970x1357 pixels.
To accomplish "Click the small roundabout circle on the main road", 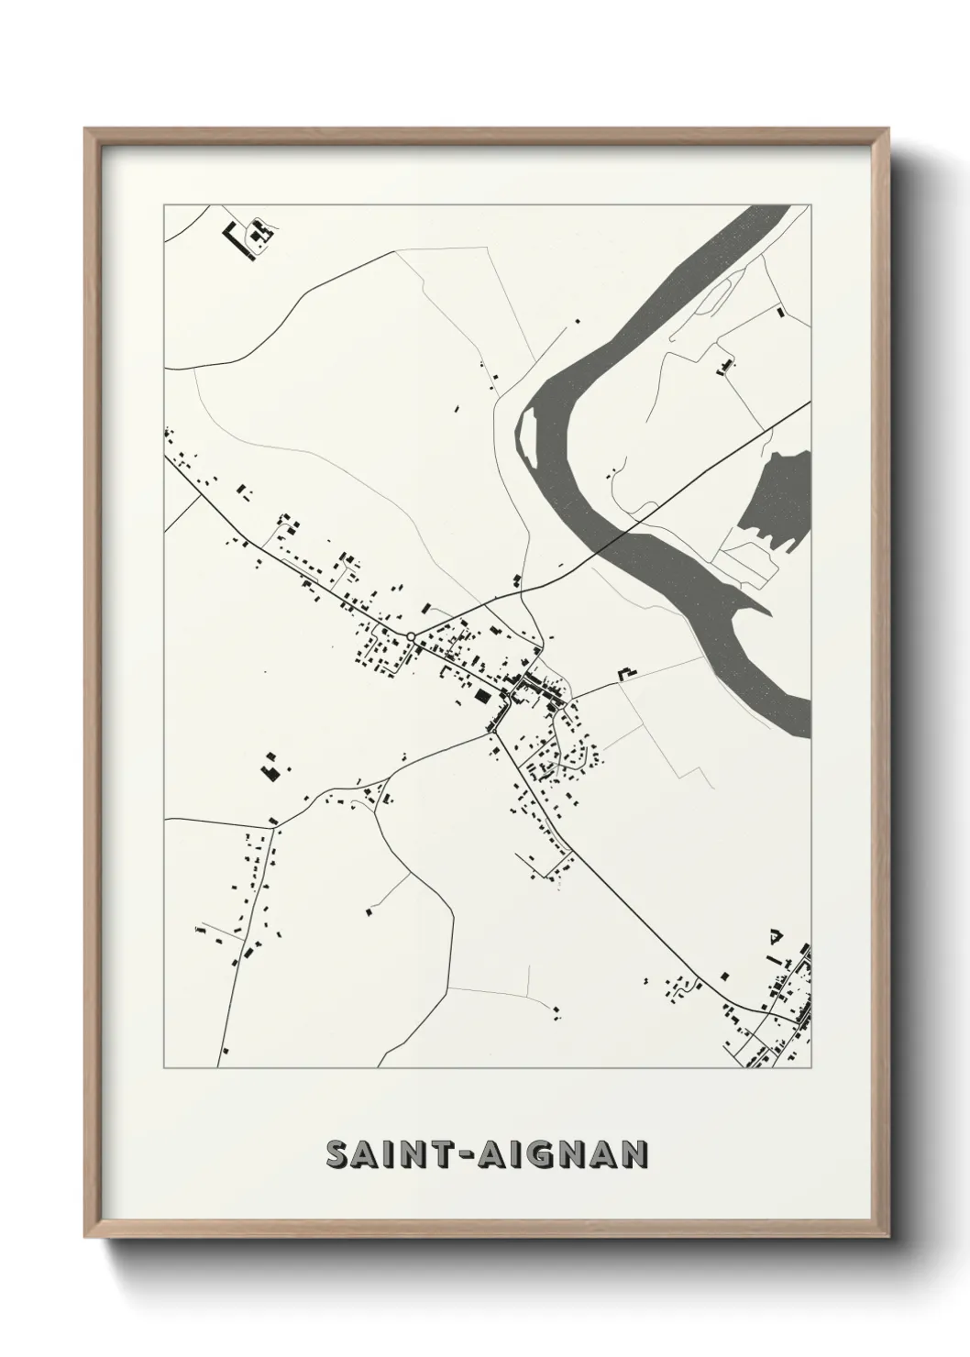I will (412, 636).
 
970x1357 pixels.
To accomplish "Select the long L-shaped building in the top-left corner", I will (237, 241).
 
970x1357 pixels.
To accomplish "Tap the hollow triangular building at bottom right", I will (775, 936).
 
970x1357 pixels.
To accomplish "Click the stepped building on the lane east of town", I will (627, 674).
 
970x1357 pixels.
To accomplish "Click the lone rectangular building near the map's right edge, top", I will (780, 313).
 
